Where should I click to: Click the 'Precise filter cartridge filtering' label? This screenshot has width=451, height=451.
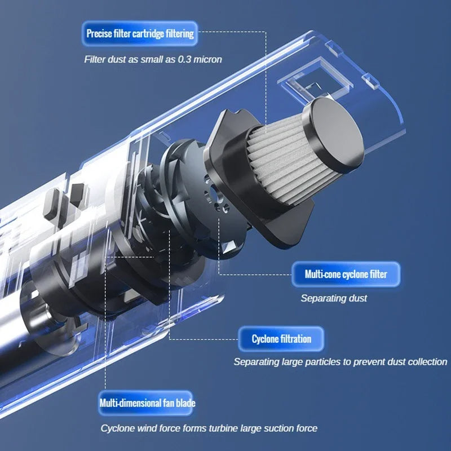140,34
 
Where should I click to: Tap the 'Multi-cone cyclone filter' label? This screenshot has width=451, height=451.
346,274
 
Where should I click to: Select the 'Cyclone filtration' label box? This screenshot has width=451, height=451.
281,339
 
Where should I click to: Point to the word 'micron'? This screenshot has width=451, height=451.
207,60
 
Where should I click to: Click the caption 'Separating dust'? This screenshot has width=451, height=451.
334,298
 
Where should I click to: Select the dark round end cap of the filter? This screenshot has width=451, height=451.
337,135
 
